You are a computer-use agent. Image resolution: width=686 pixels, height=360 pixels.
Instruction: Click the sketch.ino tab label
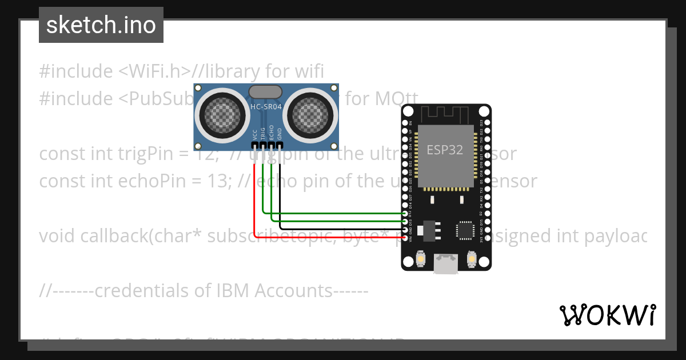coord(101,25)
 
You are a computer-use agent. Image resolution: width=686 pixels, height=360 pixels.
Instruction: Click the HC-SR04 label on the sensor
coord(265,107)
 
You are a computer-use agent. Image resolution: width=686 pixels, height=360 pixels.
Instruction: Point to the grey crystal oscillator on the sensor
coord(266,91)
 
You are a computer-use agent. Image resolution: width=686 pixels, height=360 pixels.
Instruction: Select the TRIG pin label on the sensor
coord(263,133)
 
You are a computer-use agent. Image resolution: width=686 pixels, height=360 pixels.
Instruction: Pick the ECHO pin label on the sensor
coord(272,133)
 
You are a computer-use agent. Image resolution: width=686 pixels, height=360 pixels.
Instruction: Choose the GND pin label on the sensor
coord(280,134)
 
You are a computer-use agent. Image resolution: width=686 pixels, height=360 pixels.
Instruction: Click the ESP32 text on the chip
coord(445,150)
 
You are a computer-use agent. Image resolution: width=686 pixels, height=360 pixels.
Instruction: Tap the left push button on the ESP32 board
coord(420,259)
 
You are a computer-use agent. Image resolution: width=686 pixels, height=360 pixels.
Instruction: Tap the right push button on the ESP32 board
coord(472,259)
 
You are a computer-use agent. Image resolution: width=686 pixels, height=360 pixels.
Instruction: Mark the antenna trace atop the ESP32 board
coord(446,114)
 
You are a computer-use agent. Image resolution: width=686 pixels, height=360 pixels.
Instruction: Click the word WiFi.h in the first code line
coord(155,71)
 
